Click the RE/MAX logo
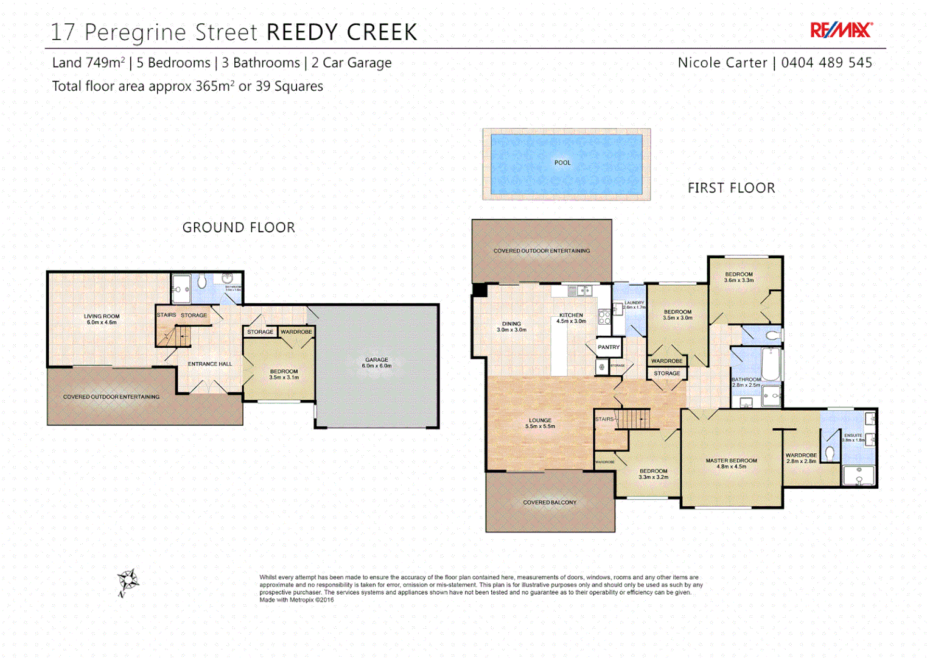tap(841, 30)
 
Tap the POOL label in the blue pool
tap(562, 163)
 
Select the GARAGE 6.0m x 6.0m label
tap(377, 363)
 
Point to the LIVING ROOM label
tap(102, 319)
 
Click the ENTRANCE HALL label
tap(209, 364)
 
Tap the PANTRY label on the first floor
tap(608, 347)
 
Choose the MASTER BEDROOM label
tap(731, 463)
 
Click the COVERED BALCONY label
tap(550, 503)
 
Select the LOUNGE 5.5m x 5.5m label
tap(540, 423)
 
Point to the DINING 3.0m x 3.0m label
tap(511, 327)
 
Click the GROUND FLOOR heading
tap(239, 227)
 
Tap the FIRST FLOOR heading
tap(731, 188)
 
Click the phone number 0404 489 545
tap(826, 63)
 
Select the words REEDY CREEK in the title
tap(342, 32)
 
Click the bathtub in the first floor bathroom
tap(771, 364)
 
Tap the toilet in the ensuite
tap(829, 452)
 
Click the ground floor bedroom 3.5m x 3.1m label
tap(284, 374)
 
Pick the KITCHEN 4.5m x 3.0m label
tap(571, 318)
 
